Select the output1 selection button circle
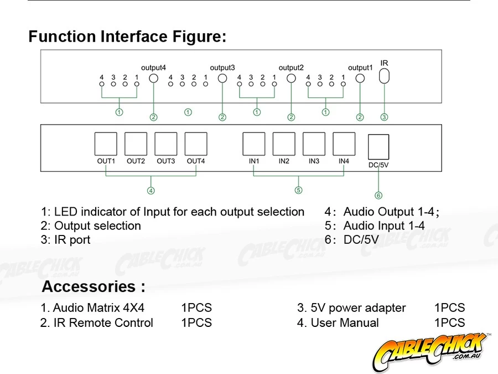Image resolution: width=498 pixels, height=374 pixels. (360, 78)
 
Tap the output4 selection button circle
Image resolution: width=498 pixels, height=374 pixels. (154, 78)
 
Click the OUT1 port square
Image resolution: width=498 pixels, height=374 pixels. (106, 144)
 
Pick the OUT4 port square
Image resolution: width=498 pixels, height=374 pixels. (196, 144)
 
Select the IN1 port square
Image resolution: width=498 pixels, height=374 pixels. (254, 144)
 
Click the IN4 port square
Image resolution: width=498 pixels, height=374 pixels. (344, 144)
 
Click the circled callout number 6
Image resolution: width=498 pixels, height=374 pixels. (378, 195)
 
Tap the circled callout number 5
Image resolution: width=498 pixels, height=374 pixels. (299, 190)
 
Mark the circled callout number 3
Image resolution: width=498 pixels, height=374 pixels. (384, 117)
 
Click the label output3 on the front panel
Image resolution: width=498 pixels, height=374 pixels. (222, 68)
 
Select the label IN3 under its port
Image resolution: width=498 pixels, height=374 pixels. (314, 161)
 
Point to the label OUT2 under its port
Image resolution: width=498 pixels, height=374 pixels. (136, 161)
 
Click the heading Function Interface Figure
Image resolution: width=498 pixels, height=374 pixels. (127, 37)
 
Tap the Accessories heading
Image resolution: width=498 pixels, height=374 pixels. (94, 287)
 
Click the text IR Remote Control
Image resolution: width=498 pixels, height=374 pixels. (103, 322)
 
